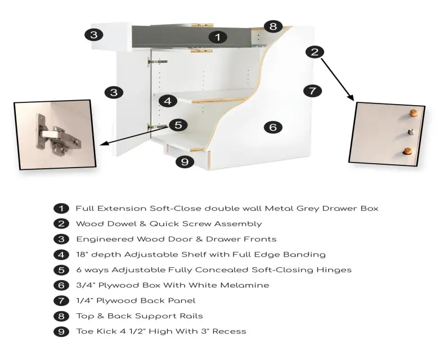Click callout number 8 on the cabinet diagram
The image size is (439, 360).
273,26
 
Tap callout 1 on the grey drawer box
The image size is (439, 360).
218,37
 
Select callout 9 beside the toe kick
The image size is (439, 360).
185,161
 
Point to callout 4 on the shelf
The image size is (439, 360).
168,101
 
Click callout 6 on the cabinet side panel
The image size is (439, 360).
273,127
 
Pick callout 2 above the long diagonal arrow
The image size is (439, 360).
315,52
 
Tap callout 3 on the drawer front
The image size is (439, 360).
94,35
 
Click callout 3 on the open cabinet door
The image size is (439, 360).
114,92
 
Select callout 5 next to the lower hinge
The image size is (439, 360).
178,125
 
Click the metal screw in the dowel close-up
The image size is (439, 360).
411,131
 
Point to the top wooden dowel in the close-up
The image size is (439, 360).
414,113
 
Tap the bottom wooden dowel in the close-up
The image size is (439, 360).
407,151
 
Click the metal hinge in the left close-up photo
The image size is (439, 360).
57,135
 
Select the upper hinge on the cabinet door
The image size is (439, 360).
158,62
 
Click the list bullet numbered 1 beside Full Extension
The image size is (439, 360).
61,209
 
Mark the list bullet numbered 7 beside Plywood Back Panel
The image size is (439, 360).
61,301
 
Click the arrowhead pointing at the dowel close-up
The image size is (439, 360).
351,97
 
